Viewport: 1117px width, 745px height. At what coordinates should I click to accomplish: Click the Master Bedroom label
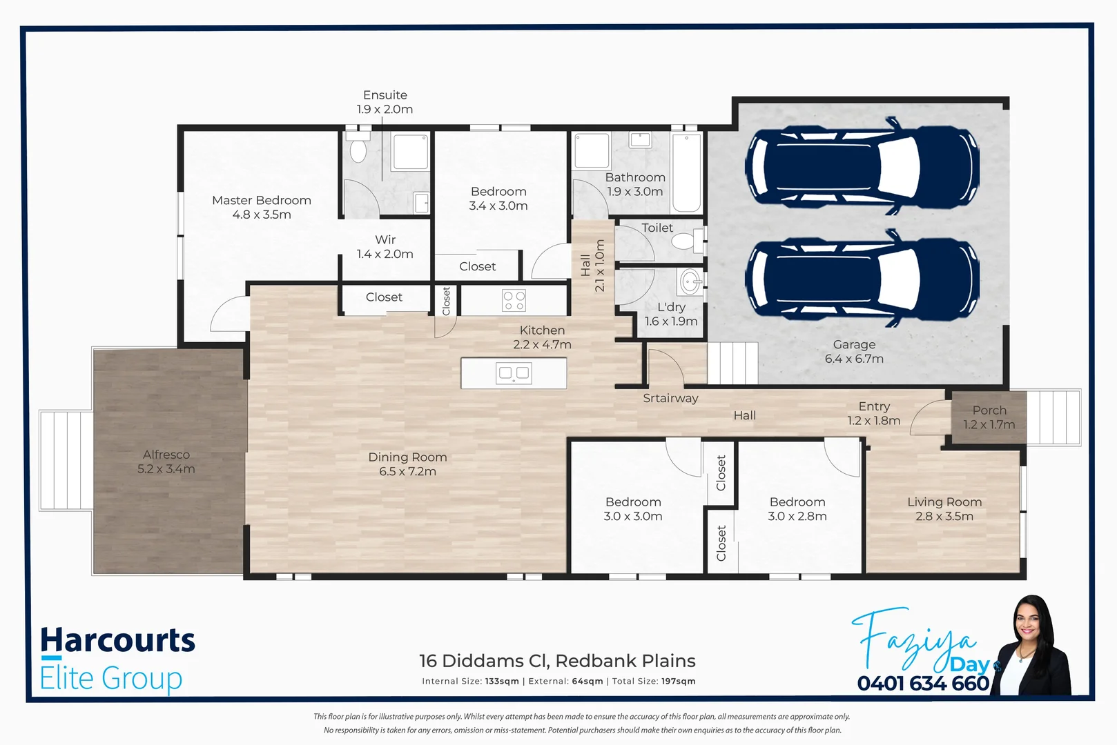click(261, 201)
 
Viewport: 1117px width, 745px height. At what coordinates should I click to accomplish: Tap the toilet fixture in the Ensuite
click(358, 150)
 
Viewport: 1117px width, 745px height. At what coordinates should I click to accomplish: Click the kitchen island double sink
click(514, 373)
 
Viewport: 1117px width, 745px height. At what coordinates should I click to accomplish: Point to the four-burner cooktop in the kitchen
click(514, 301)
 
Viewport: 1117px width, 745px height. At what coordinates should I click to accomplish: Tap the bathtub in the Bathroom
click(686, 172)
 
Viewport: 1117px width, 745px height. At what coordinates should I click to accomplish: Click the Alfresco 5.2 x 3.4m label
click(166, 461)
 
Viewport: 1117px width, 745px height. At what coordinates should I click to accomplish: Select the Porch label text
click(989, 410)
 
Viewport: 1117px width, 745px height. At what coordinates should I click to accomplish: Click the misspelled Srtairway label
click(670, 398)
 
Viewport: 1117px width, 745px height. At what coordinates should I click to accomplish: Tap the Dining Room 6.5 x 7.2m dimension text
click(407, 472)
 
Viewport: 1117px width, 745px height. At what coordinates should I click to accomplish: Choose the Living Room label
click(944, 502)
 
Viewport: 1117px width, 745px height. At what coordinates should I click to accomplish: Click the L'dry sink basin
click(690, 281)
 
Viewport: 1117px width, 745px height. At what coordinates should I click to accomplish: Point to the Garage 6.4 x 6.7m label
click(854, 351)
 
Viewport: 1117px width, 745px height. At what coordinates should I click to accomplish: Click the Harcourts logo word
click(118, 641)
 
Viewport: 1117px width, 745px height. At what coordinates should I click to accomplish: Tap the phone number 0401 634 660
click(923, 684)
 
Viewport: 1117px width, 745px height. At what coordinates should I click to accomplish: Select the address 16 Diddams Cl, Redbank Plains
click(557, 661)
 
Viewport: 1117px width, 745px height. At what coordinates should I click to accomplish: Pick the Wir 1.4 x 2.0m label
click(385, 247)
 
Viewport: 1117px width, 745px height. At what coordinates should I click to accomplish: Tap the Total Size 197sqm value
click(678, 682)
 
